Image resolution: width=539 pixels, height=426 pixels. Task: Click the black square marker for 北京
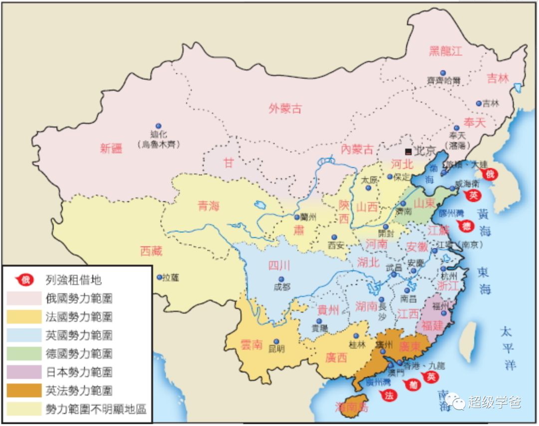408,151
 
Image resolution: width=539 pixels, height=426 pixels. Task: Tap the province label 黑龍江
446,50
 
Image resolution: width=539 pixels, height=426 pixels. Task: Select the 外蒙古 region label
285,108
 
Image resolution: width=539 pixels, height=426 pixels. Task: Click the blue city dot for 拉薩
159,277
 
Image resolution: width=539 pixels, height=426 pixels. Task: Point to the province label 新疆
111,148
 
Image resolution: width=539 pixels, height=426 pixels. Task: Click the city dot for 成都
281,279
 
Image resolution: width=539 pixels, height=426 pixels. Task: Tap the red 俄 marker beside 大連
490,174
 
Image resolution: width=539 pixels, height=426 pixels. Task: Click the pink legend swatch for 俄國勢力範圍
24,299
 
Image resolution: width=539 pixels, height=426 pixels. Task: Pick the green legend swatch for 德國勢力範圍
24,354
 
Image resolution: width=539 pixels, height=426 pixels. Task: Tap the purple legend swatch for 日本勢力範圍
24,372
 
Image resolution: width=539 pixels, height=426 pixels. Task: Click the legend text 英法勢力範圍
79,391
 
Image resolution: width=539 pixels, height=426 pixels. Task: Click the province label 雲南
251,344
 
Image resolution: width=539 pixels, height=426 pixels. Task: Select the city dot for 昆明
276,342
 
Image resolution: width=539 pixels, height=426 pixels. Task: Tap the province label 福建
432,326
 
